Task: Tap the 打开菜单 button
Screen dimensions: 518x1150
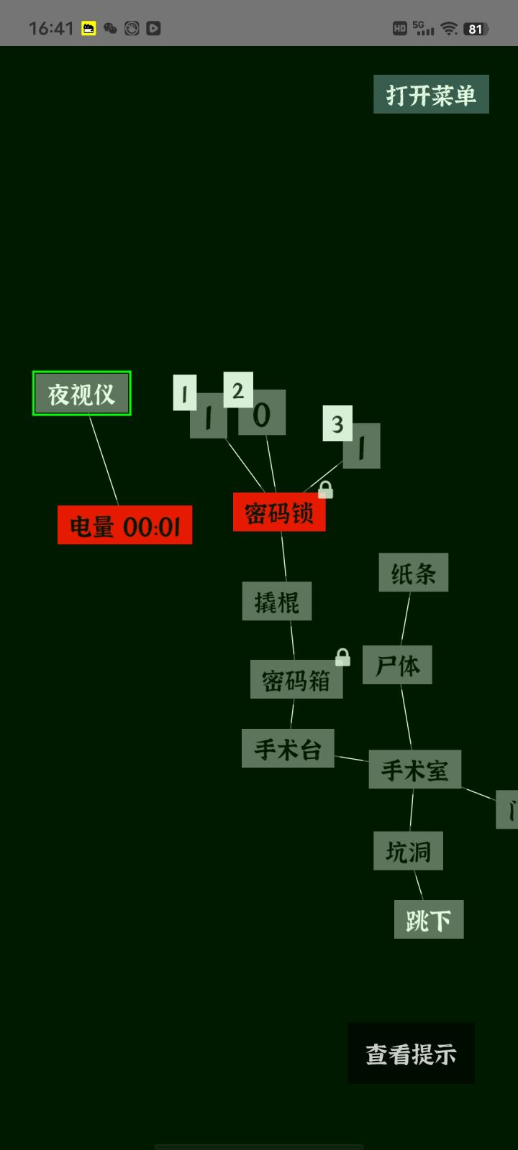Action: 431,94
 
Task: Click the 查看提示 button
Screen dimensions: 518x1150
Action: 411,1054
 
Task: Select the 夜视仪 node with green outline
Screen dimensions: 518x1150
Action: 82,393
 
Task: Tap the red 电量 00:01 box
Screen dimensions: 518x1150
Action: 125,525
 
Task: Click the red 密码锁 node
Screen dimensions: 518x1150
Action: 279,512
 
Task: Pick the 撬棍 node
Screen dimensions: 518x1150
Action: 277,601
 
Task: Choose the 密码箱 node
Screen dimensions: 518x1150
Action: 296,679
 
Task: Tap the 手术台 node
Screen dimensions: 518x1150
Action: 288,748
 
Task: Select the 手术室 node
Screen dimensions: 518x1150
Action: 414,769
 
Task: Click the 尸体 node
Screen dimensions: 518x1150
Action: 397,665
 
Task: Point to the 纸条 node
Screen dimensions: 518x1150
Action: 414,572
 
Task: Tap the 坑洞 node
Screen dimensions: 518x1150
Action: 408,851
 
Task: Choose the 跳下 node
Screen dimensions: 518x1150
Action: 429,919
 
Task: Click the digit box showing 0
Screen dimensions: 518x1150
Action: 262,413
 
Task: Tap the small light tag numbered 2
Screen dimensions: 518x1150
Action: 238,390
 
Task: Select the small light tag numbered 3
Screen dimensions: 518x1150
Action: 337,423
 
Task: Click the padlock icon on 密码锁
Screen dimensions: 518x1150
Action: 325,490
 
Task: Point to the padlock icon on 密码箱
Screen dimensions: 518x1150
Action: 342,657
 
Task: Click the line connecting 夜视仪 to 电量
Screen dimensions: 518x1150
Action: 104,461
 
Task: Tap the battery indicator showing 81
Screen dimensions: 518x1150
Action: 476,29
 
